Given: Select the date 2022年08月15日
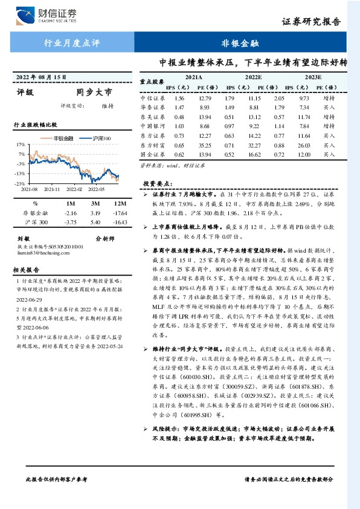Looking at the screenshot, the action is [x=42, y=77].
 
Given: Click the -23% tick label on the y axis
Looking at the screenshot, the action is [x=20, y=183].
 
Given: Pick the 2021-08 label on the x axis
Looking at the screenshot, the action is [x=29, y=189].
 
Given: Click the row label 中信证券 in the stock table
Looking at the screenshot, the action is [x=152, y=98].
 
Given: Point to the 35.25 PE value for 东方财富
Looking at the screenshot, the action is [x=205, y=146].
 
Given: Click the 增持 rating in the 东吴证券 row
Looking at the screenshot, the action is [x=329, y=117].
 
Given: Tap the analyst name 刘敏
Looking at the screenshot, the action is [x=24, y=239].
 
